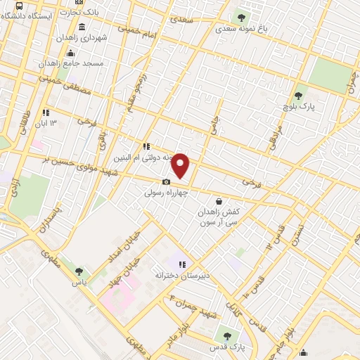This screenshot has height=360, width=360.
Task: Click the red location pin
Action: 181,165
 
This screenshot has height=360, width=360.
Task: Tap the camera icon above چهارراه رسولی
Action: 166,182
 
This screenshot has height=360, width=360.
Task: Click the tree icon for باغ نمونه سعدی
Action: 242,18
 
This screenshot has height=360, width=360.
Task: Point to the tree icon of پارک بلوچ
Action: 300,96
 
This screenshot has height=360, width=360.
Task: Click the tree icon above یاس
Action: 79,271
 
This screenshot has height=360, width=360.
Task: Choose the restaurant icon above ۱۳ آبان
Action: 46,112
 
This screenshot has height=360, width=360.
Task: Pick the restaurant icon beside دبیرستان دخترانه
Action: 182,265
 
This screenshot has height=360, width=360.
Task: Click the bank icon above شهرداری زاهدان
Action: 82,27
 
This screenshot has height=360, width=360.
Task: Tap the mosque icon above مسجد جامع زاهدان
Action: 70,53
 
